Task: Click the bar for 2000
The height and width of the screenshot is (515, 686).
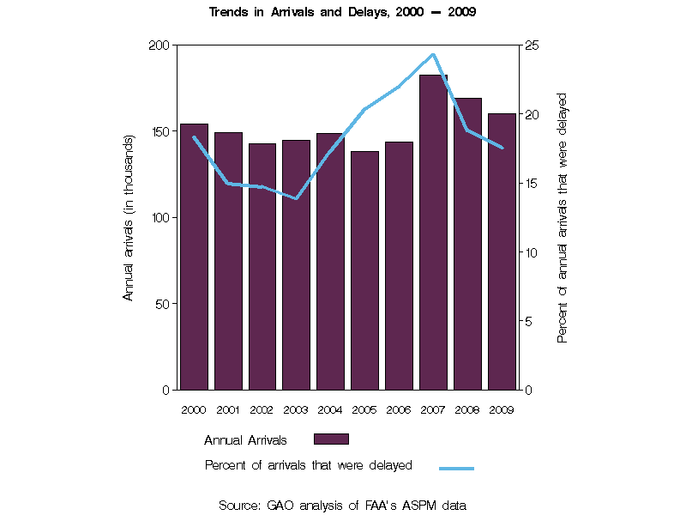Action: click(x=194, y=257)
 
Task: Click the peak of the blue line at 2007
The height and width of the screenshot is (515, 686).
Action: click(x=433, y=54)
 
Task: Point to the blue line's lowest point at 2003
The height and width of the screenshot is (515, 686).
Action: click(x=296, y=199)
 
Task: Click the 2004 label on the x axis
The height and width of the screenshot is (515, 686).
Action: click(x=330, y=409)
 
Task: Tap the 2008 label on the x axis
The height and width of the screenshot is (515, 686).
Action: click(x=467, y=409)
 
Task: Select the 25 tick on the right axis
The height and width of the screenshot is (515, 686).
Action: click(x=532, y=45)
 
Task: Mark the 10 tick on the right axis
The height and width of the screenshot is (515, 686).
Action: click(x=532, y=252)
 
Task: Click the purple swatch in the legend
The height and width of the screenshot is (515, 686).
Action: click(x=331, y=439)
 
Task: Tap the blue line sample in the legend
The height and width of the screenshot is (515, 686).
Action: click(x=456, y=469)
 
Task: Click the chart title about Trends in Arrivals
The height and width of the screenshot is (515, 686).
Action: click(x=343, y=13)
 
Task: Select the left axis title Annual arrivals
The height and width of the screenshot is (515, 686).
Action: click(x=129, y=217)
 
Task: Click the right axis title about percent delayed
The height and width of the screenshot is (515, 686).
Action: click(x=563, y=218)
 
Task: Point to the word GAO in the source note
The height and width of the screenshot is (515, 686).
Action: click(x=280, y=506)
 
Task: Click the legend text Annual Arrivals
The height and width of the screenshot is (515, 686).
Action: click(x=245, y=440)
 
